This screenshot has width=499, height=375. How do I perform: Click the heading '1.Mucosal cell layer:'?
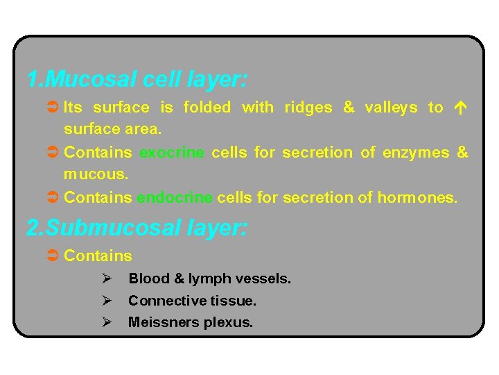click(137, 78)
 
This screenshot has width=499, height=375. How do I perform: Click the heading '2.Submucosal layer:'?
click(137, 227)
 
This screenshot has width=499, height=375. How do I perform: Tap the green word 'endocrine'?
click(175, 198)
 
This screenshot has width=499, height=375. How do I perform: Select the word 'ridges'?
click(308, 108)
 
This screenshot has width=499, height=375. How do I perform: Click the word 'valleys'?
click(391, 108)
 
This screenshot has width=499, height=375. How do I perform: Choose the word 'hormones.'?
click(417, 198)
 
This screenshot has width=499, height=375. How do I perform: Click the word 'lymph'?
click(208, 279)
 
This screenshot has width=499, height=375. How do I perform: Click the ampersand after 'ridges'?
click(349, 108)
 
